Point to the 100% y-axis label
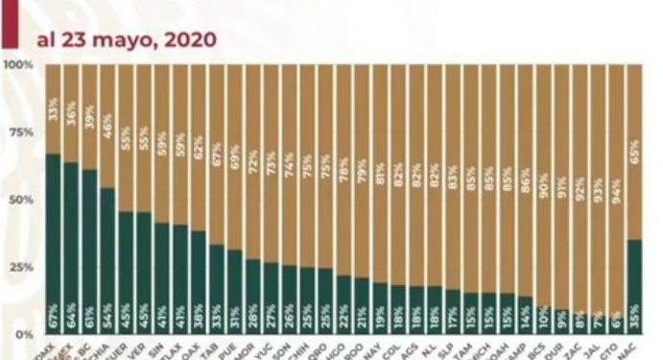coord(19,65)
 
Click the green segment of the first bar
coord(53,240)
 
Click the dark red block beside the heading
coord(9,24)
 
